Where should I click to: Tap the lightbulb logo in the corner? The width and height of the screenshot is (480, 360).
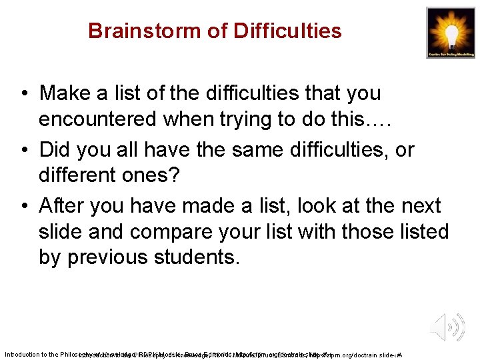[x=451, y=33]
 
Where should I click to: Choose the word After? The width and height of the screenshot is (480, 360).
[x=63, y=207]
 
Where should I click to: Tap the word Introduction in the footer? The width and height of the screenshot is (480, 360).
[x=25, y=354]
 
